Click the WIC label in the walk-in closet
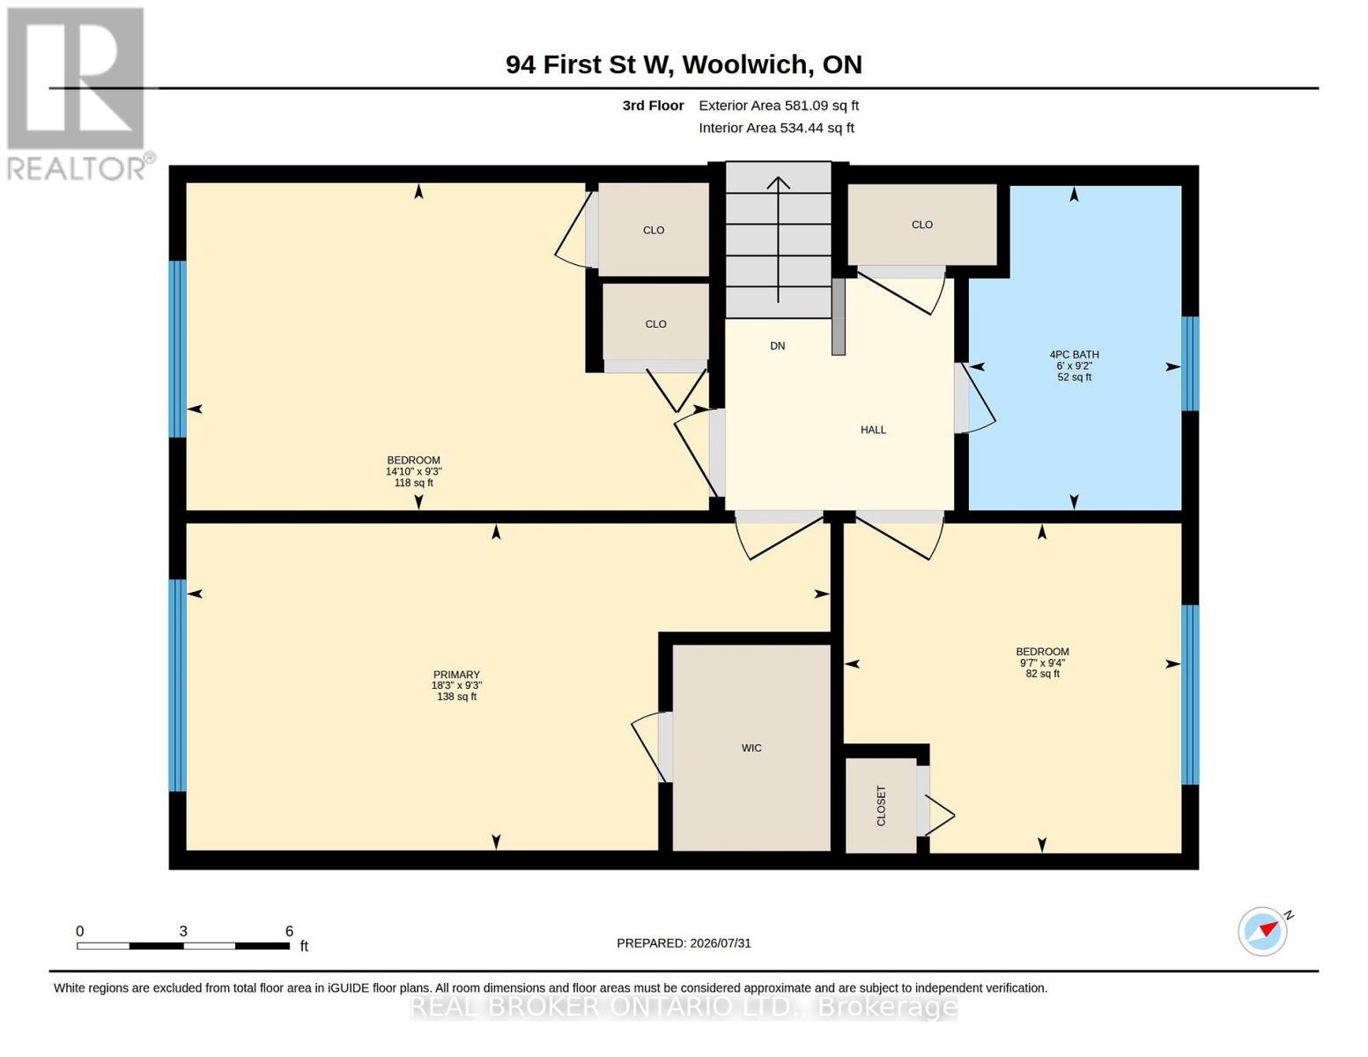751,748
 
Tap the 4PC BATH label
1074,354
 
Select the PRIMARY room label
456,674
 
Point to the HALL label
873,430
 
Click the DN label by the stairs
778,345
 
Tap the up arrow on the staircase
778,240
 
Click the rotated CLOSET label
882,806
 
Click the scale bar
183,945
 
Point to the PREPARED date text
684,943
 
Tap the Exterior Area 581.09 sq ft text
779,105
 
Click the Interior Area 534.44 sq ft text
776,128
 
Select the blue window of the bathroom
1190,364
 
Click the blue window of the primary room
178,685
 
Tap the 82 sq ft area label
1043,673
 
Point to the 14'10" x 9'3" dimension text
414,471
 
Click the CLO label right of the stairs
921,225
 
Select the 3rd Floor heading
653,105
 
